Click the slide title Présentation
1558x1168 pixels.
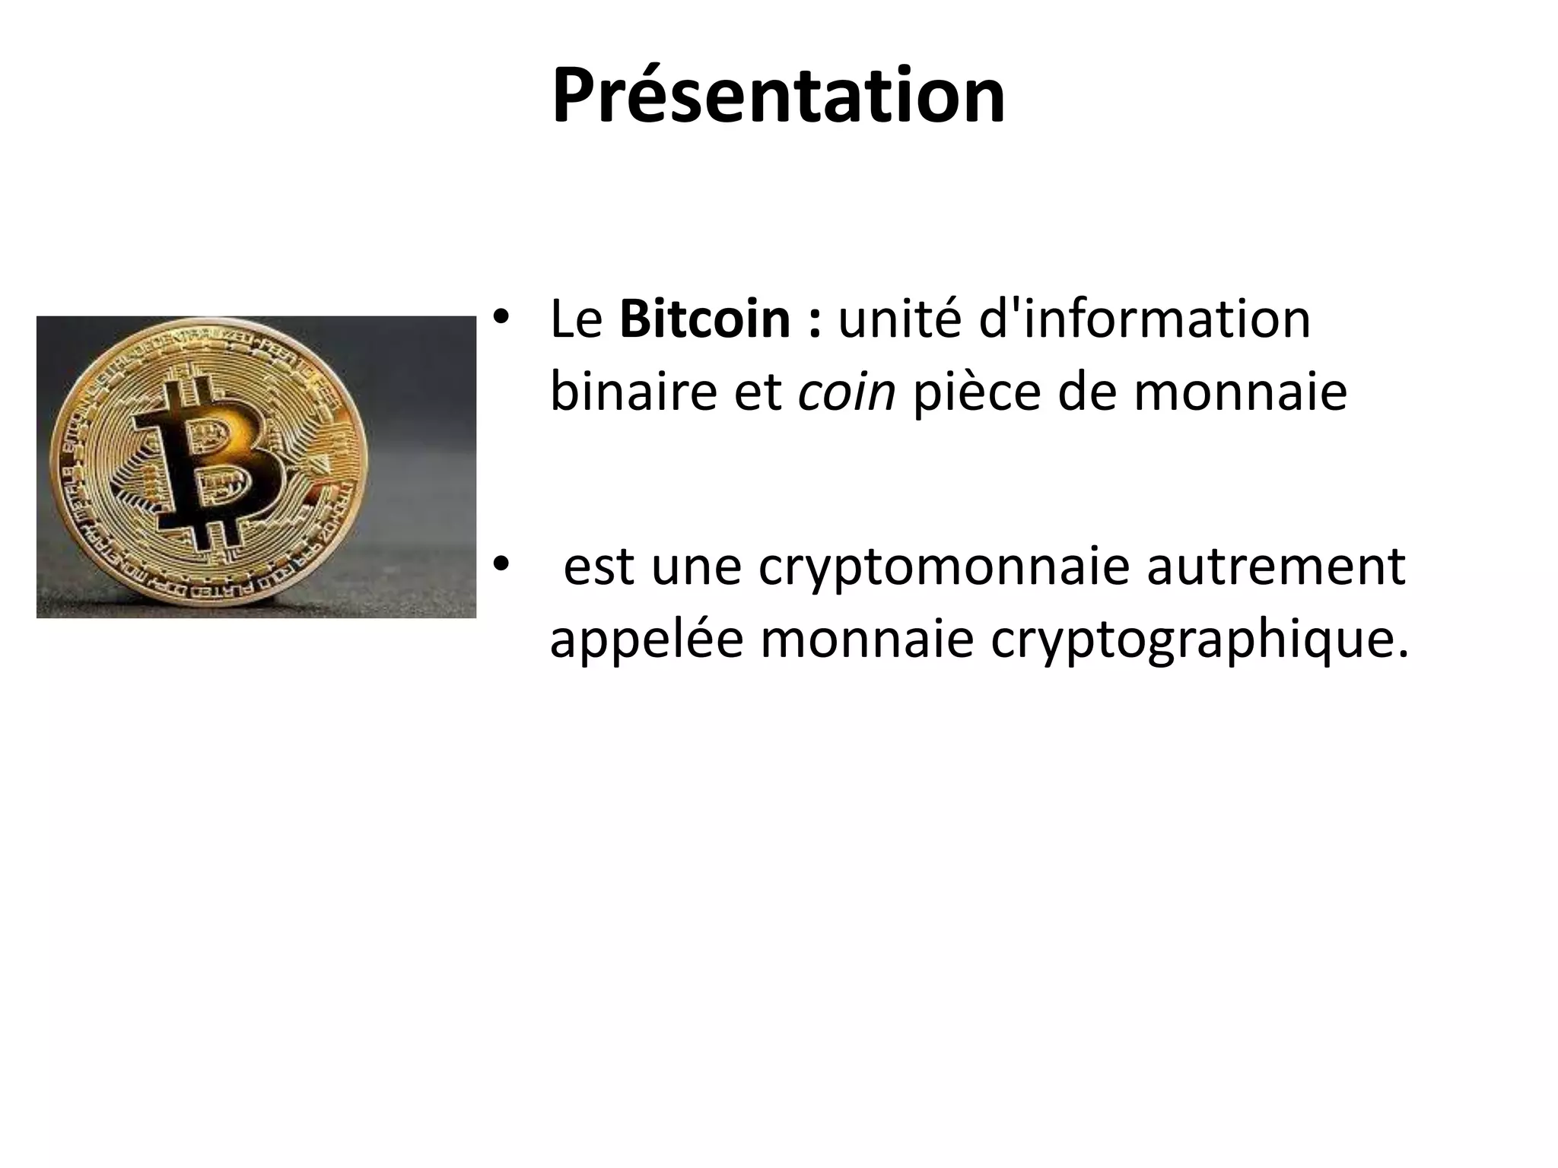pos(778,97)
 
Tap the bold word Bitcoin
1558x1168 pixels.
pos(704,319)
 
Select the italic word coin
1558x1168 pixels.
pos(847,392)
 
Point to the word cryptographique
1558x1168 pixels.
pos(1200,640)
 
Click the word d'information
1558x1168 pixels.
pos(1144,319)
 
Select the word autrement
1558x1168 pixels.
pos(1276,567)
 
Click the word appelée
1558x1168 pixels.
pos(646,640)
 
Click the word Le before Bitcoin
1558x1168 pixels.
pos(576,319)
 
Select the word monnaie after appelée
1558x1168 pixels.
pos(866,640)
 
